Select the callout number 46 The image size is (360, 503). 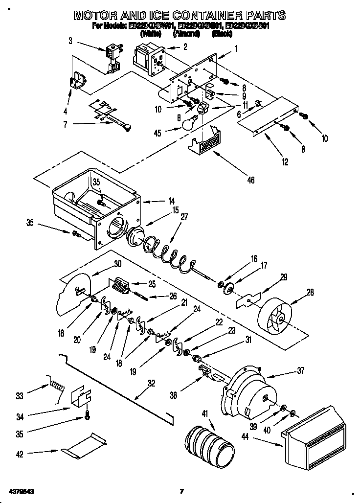pos(251,181)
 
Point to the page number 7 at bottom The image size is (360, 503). pos(181,491)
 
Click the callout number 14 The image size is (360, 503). pos(157,201)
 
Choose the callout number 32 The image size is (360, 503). pos(152,384)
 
